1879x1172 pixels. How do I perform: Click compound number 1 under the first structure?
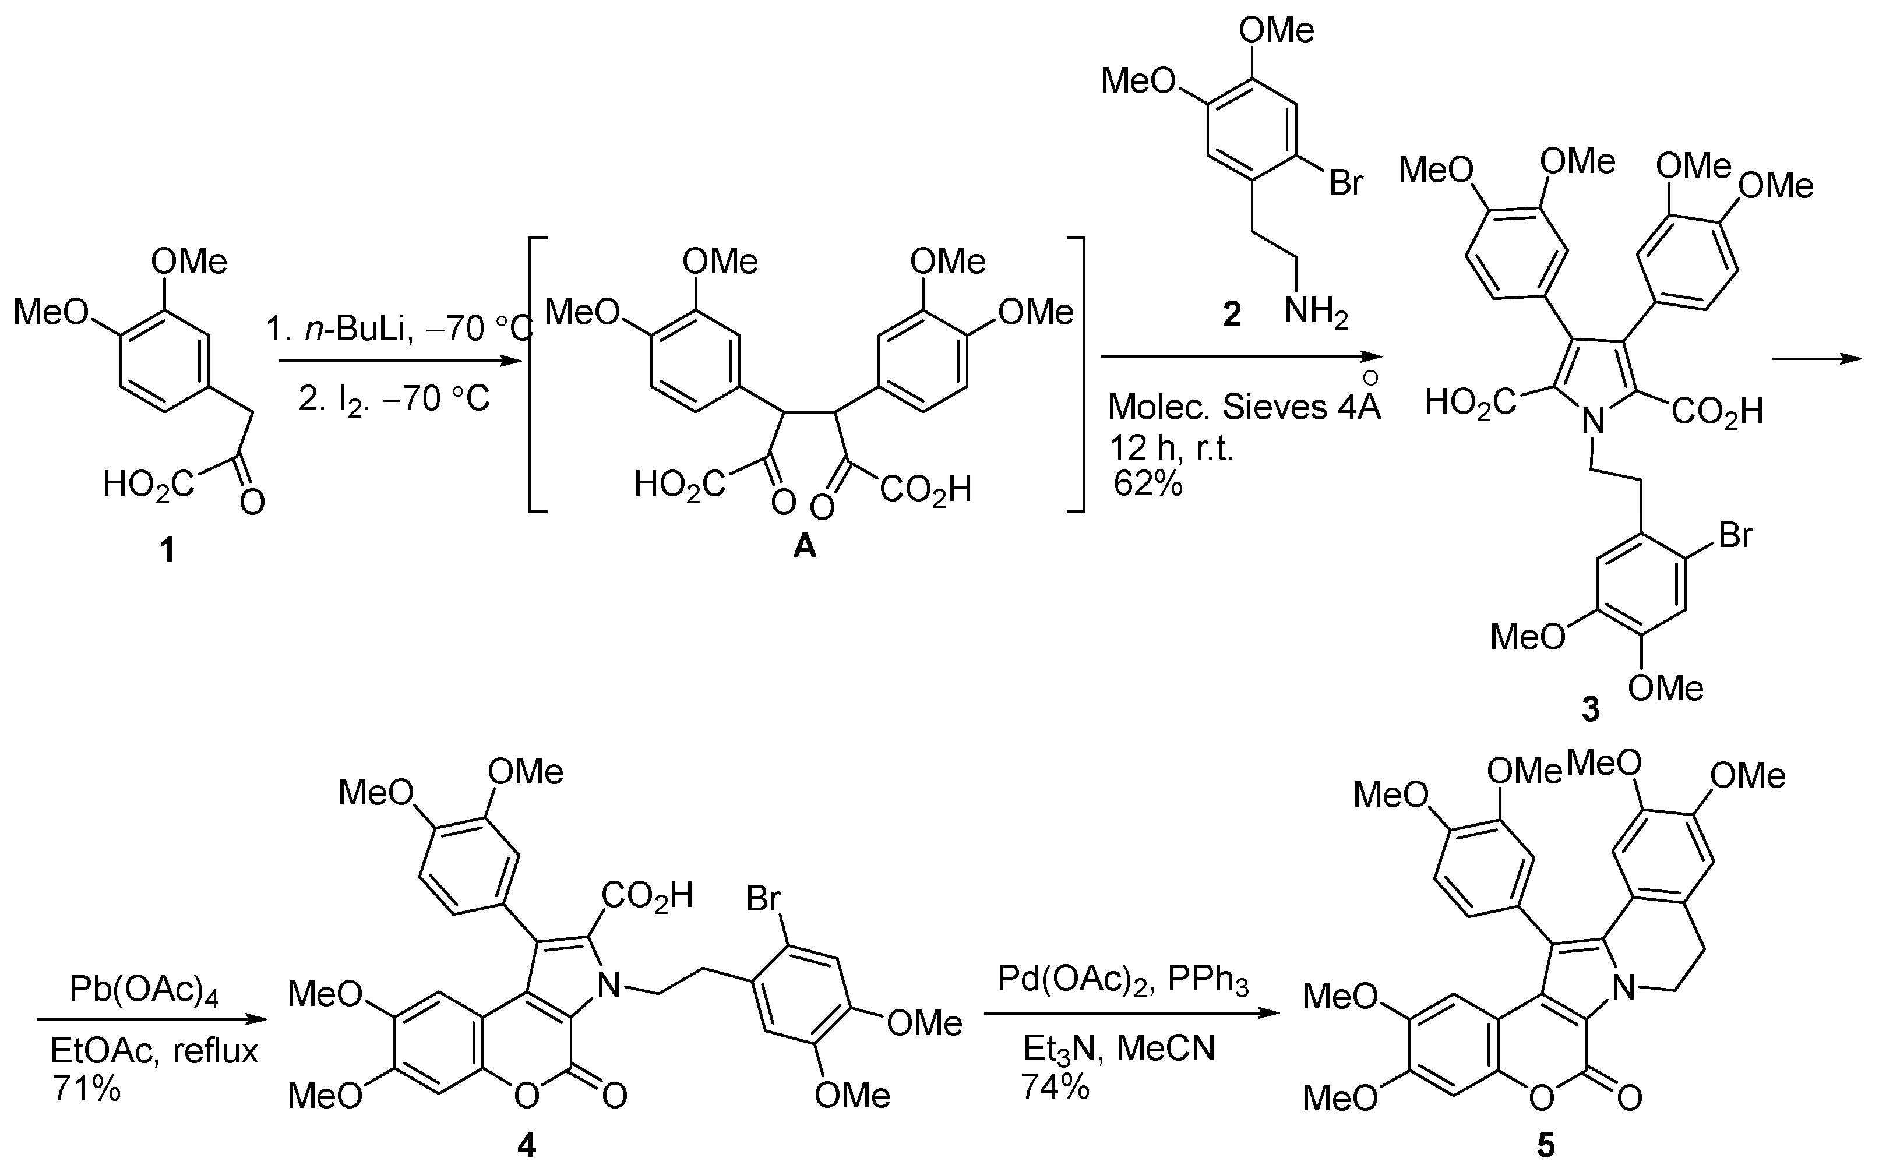pos(167,551)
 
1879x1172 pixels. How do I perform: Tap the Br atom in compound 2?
pos(1346,183)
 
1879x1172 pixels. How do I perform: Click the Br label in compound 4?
pos(763,899)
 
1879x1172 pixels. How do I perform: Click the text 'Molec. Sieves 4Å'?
pos(1244,406)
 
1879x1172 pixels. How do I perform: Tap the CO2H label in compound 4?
pos(647,896)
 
